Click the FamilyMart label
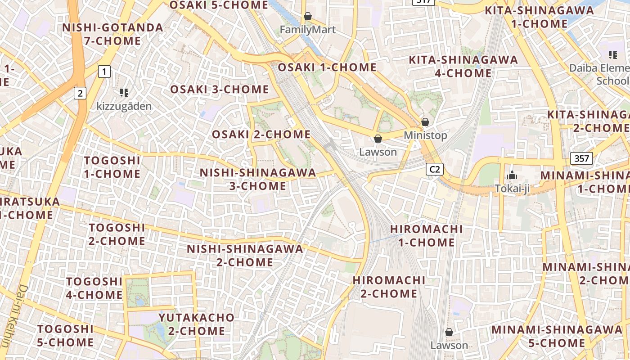308,30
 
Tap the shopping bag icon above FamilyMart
308,17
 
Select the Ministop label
425,135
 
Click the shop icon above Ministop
425,122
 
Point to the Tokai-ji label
512,189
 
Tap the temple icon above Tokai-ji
512,175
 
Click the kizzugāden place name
124,106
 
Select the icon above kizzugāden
124,93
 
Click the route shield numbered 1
104,71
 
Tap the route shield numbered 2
80,93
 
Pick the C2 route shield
435,169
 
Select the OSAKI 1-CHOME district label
327,67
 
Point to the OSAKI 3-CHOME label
219,89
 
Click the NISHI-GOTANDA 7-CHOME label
112,34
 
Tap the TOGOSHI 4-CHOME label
94,288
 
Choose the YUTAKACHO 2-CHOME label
197,324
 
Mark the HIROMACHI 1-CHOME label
426,235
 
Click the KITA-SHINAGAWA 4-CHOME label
463,66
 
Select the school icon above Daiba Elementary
612,55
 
